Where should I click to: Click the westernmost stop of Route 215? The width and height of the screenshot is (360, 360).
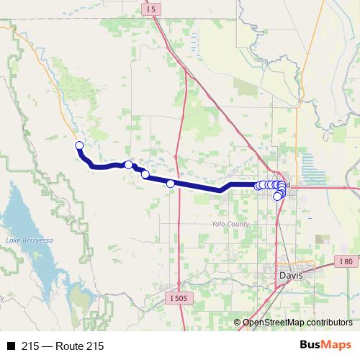point(79,146)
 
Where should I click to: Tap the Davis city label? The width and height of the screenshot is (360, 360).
point(292,275)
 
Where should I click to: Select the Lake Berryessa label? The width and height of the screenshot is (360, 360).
point(24,239)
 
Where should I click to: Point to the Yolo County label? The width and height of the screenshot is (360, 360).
point(230,224)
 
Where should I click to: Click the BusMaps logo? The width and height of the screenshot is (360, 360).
point(325,346)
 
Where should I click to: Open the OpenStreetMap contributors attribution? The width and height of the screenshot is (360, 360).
point(297,323)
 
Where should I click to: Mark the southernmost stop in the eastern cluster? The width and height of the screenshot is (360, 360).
point(277,197)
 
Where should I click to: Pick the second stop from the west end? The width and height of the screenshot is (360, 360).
point(129,165)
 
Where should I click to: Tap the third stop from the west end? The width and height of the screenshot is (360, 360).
point(145,174)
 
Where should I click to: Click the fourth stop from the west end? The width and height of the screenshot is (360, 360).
point(171,184)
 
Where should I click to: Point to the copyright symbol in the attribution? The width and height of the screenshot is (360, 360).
point(238,323)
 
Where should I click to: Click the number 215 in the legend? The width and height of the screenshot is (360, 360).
point(30,346)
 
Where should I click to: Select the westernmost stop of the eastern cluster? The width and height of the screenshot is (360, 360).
point(258,186)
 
